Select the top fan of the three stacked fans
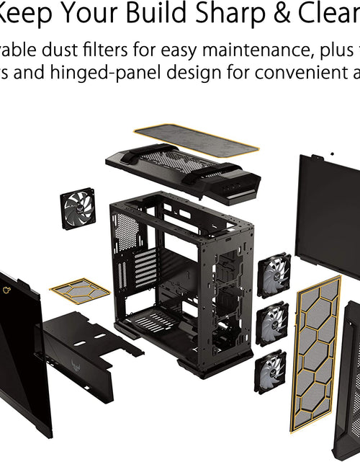coord(274,274)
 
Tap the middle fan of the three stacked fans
coord(272,323)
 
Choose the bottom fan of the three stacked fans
coord(269,370)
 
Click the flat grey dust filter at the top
coord(196,138)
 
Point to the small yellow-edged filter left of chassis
coord(80,290)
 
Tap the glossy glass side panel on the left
coord(22,353)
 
